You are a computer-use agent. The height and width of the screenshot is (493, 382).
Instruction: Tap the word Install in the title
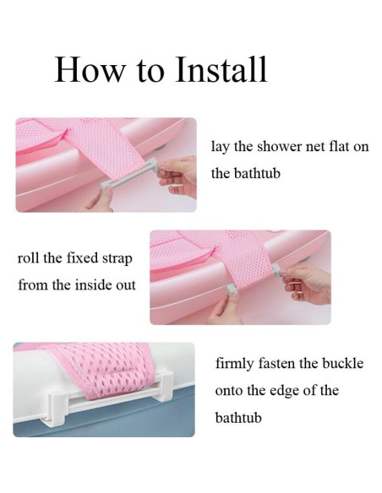tap(221, 69)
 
